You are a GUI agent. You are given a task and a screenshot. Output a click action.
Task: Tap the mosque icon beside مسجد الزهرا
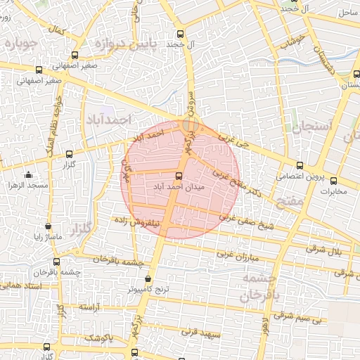(x=28, y=174)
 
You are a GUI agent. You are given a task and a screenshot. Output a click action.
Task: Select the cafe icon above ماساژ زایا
(x=48, y=227)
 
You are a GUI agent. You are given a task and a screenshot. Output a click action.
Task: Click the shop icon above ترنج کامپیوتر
(x=146, y=278)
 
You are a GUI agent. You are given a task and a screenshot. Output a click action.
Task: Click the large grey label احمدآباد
(x=108, y=120)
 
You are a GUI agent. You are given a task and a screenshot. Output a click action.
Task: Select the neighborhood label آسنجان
(x=305, y=126)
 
